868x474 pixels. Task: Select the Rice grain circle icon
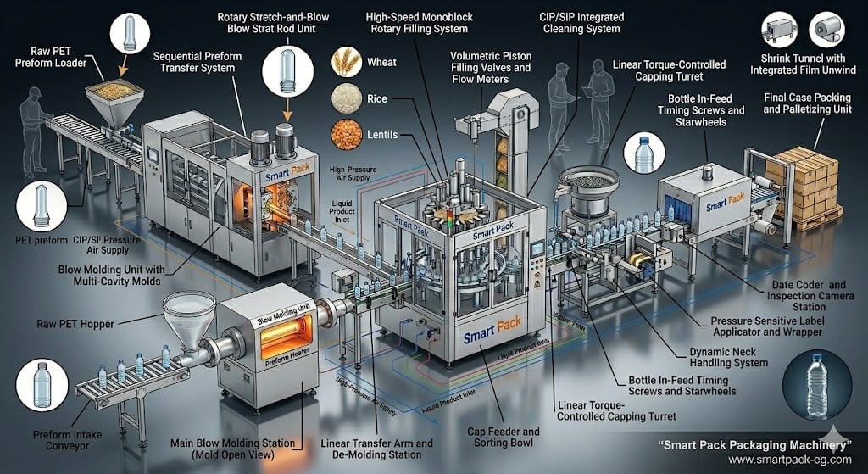coord(348,98)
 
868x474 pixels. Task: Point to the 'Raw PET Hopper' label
coord(77,323)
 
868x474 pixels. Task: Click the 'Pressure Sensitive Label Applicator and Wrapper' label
coord(765,326)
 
